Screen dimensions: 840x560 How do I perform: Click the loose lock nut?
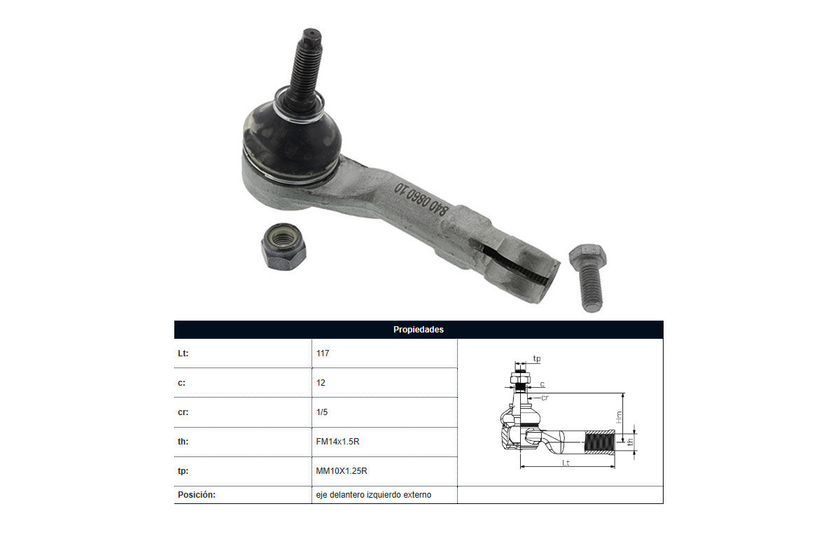[x=283, y=246]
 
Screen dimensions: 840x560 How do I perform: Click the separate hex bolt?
[x=589, y=278]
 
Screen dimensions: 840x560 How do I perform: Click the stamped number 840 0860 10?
[x=421, y=199]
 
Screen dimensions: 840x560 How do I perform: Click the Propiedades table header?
[x=419, y=329]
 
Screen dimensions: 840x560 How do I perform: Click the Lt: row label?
[x=183, y=353]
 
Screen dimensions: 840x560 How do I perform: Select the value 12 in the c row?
[x=321, y=383]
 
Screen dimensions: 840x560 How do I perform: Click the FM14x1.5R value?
[x=337, y=442]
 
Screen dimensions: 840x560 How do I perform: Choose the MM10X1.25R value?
[x=342, y=470]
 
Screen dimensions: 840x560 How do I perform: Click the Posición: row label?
[x=197, y=495]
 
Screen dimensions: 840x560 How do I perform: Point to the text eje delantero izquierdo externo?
[x=374, y=495]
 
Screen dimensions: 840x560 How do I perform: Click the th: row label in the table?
[x=183, y=442]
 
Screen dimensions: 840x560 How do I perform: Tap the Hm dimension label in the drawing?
[x=619, y=416]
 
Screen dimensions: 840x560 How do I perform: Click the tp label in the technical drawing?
[x=537, y=358]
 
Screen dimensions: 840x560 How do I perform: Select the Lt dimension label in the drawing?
[x=566, y=463]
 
